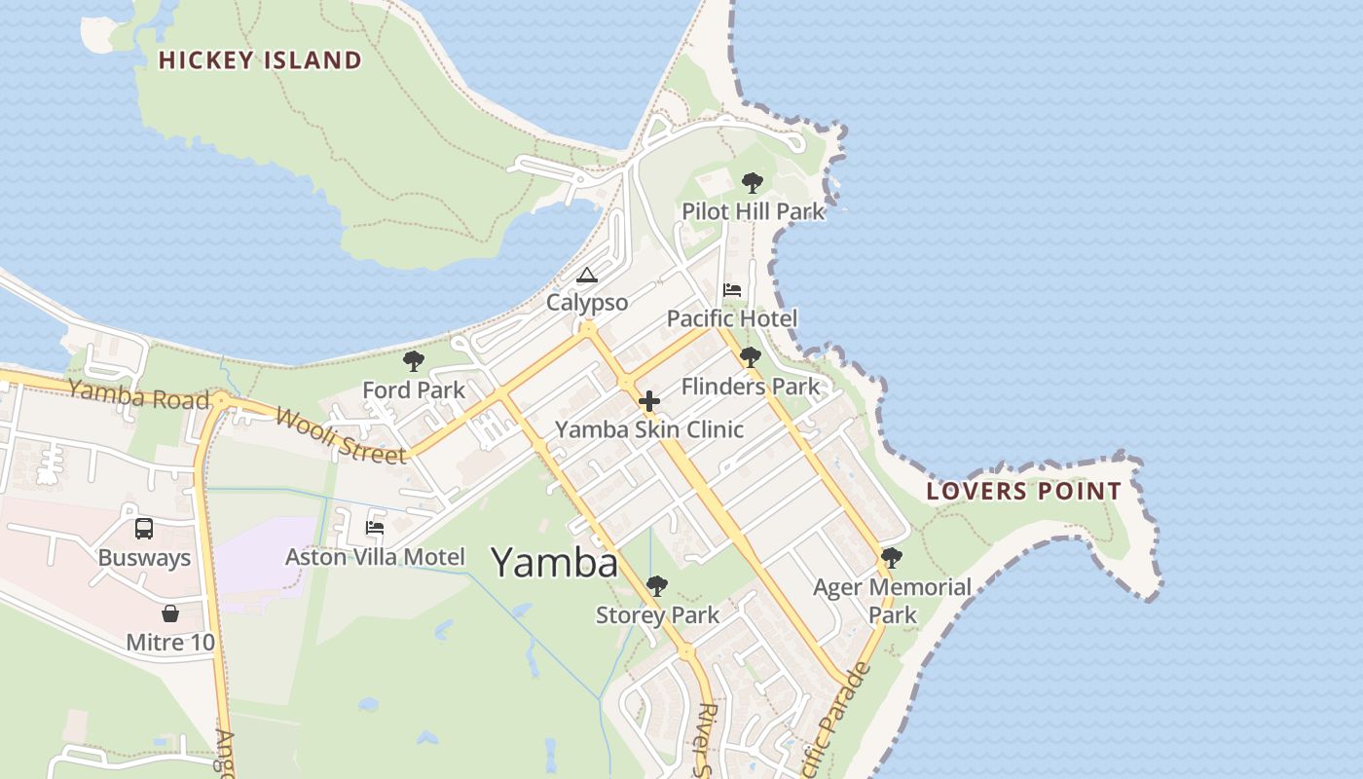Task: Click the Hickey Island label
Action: point(260,60)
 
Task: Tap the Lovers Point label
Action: point(1024,491)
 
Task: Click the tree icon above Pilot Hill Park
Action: point(752,182)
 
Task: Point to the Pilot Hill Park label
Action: point(753,211)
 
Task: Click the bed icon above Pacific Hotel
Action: point(732,290)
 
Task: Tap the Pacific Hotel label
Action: point(732,318)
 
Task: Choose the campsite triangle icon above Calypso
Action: point(586,275)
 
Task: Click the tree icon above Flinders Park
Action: point(750,357)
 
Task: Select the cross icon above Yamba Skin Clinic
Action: point(649,401)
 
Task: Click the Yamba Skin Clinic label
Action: point(649,429)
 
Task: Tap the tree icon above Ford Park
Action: point(414,362)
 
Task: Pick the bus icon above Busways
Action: point(143,529)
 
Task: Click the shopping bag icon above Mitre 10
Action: point(170,613)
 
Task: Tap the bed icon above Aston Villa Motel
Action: point(375,529)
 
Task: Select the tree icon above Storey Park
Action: point(657,586)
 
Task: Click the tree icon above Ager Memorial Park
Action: point(891,558)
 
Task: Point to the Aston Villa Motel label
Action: point(375,557)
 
